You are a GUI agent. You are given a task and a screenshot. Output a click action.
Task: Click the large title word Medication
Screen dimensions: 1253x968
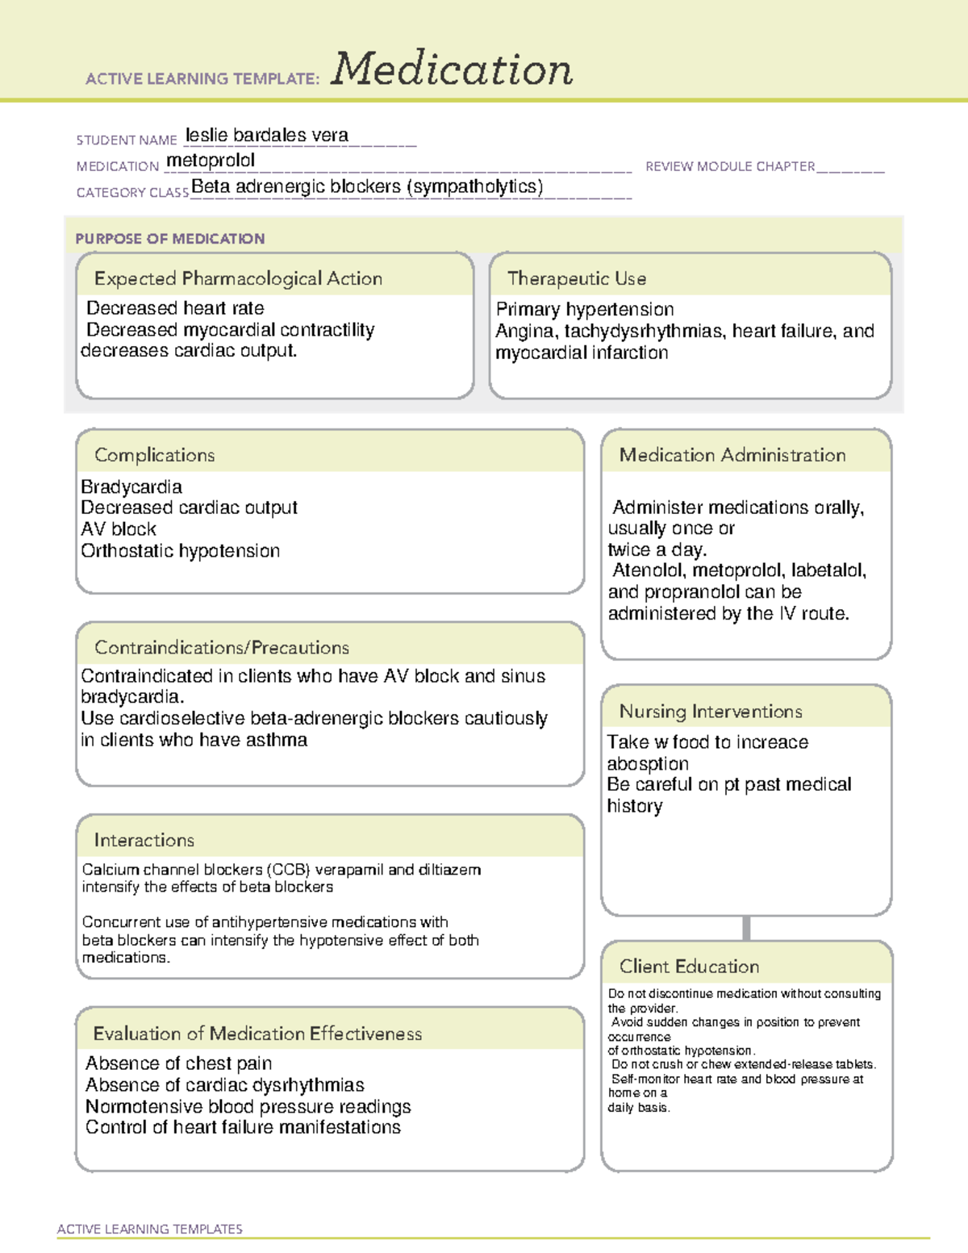(x=452, y=69)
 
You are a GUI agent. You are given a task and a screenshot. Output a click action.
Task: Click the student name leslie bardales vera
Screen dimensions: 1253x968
(x=267, y=136)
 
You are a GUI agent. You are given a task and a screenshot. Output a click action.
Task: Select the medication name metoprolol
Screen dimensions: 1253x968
(x=211, y=161)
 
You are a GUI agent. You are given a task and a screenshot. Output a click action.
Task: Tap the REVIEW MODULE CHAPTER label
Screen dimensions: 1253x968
(x=730, y=167)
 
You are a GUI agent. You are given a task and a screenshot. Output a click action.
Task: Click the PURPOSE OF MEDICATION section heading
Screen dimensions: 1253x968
(x=169, y=239)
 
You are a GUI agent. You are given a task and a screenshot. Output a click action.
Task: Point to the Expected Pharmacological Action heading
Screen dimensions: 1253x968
(x=238, y=279)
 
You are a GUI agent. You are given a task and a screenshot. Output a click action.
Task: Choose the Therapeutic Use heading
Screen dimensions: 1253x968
(x=576, y=279)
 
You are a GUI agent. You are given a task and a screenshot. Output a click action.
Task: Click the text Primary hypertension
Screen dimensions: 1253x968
(x=585, y=310)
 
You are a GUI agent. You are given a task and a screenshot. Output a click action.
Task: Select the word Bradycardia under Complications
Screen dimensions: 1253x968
(x=131, y=487)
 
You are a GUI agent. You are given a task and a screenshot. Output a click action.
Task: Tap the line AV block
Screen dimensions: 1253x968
(x=119, y=529)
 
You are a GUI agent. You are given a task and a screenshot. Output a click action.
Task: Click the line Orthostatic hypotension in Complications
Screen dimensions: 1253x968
(x=181, y=551)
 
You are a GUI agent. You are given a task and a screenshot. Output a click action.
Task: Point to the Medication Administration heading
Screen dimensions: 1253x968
(x=732, y=456)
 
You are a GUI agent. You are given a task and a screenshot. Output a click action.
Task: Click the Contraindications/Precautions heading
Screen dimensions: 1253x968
(x=222, y=648)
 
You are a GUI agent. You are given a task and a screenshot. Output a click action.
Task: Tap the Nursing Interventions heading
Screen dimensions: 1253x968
(x=710, y=712)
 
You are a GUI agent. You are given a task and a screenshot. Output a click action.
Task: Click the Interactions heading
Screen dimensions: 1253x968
(x=144, y=841)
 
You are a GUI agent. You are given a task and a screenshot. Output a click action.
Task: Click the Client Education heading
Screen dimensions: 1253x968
(x=689, y=967)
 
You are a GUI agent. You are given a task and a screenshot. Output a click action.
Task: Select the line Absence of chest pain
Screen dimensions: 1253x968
(x=179, y=1063)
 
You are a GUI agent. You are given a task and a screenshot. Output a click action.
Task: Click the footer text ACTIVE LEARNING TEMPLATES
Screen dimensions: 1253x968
(x=150, y=1229)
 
